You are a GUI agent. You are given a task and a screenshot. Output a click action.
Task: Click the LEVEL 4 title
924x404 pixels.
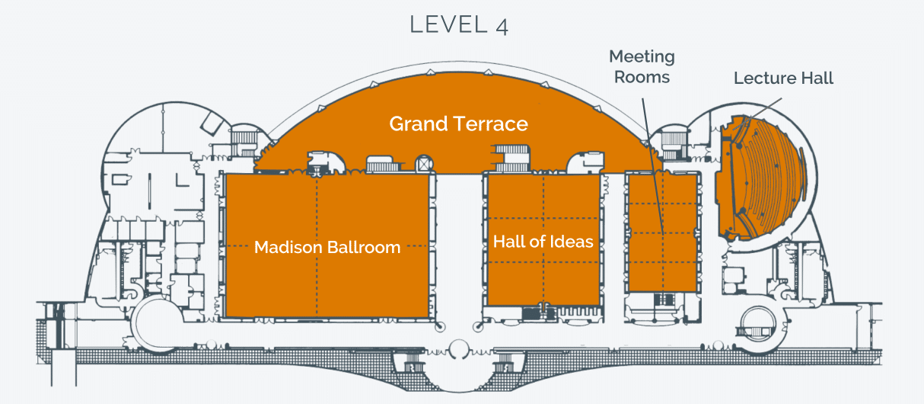tap(459, 25)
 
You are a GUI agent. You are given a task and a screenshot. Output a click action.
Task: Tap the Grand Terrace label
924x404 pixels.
tap(459, 123)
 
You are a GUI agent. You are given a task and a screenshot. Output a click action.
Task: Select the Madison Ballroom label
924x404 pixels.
tap(327, 247)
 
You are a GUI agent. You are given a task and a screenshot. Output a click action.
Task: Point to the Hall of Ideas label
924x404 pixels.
tap(543, 242)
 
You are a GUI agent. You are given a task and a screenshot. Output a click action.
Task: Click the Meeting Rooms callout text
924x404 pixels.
tap(642, 66)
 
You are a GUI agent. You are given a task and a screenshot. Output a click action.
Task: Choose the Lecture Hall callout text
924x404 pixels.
tap(783, 78)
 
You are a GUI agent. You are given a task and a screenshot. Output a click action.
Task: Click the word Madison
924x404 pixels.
tap(288, 247)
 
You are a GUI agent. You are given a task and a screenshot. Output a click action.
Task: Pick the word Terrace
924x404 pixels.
tap(490, 123)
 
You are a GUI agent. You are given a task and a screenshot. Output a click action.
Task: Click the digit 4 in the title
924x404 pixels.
tap(502, 27)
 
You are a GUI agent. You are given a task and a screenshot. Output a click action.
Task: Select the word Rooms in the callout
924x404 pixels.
tap(642, 77)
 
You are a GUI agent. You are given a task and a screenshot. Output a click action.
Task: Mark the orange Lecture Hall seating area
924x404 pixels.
tap(761, 178)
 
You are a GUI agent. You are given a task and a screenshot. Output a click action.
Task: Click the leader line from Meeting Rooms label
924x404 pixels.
tap(652, 166)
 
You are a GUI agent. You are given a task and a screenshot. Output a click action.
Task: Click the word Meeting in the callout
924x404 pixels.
tap(642, 57)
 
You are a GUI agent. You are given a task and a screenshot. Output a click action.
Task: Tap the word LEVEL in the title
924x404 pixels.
tap(449, 25)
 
